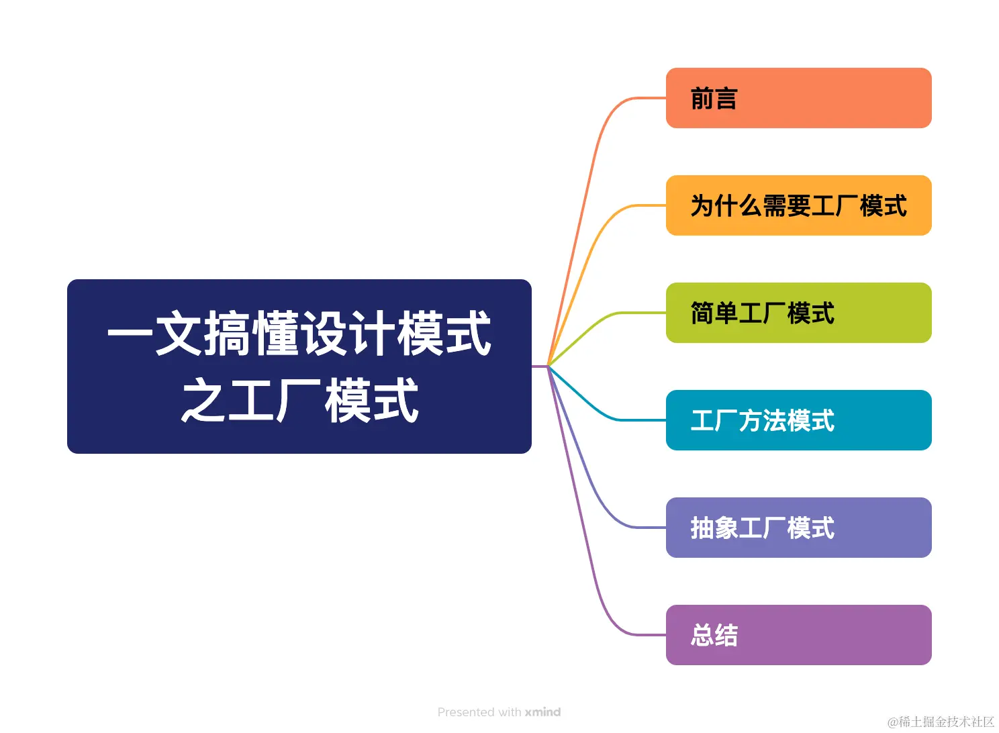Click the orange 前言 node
coord(798,98)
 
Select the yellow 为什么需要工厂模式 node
coord(798,205)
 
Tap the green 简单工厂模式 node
coord(798,313)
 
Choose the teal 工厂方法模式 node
coord(798,420)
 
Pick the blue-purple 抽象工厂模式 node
coord(798,528)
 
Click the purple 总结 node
coord(798,635)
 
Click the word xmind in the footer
coord(542,712)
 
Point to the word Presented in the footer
coord(466,712)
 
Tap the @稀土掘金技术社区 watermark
coord(941,722)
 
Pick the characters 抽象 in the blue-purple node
coord(714,528)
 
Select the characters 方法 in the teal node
coord(763,421)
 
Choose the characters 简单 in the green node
coord(714,313)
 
